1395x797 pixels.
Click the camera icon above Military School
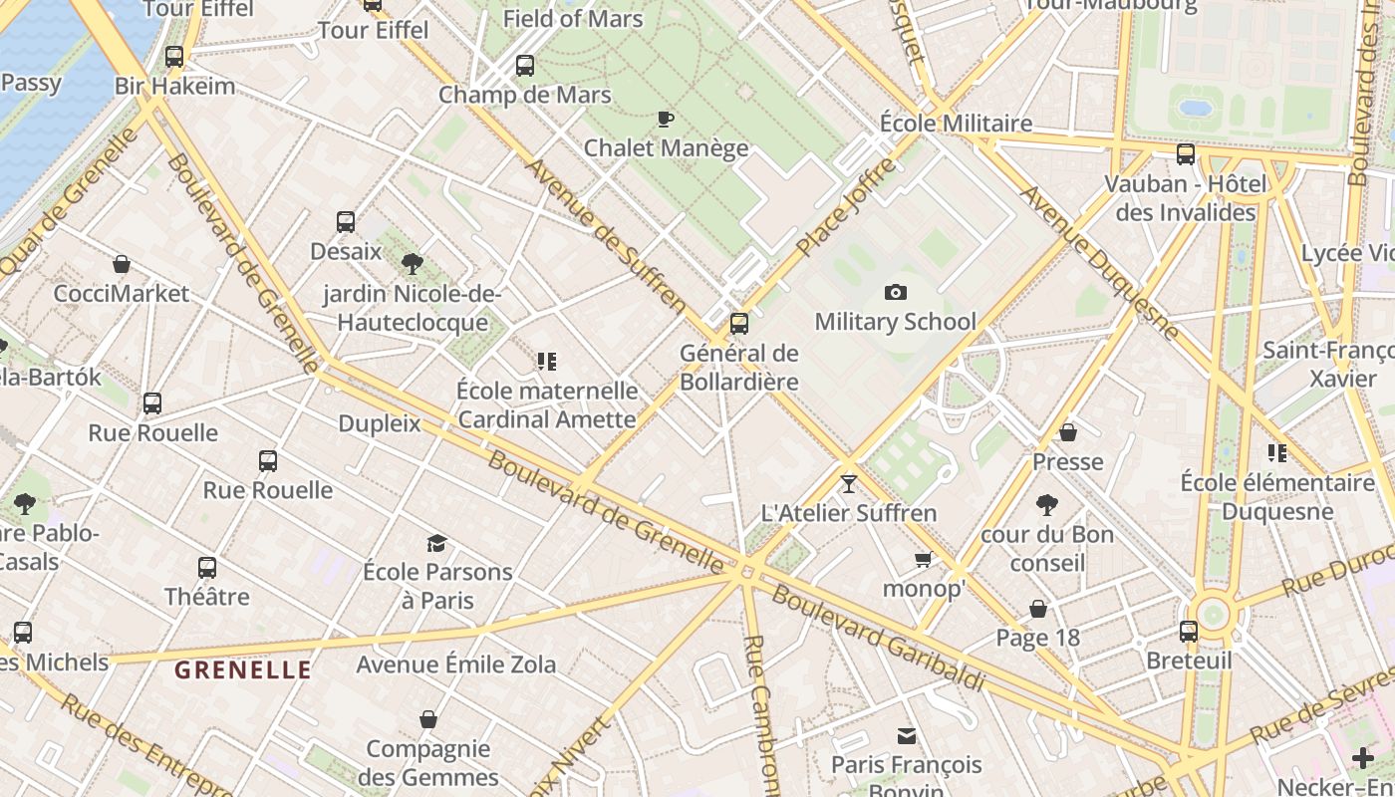point(896,292)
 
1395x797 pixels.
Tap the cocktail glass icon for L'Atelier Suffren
point(849,484)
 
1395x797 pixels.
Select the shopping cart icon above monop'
point(924,560)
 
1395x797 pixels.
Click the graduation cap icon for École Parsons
point(436,543)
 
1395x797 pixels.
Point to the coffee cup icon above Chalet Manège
point(666,120)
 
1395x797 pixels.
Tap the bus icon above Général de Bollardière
point(739,324)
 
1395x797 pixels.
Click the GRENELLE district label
point(243,669)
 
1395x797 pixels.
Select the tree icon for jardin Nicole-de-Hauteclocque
point(412,264)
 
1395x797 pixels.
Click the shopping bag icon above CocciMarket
point(122,264)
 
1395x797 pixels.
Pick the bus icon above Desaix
point(346,222)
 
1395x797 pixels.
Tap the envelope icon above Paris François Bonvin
point(907,736)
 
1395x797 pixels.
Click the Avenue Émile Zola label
point(456,664)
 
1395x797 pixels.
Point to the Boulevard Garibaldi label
point(878,639)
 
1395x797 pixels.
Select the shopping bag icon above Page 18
point(1038,609)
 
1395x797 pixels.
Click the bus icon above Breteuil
point(1189,632)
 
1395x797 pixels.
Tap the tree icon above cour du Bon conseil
point(1046,505)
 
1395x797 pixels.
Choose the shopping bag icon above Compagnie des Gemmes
point(428,719)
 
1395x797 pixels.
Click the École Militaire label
point(956,123)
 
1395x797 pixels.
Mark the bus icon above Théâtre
point(207,568)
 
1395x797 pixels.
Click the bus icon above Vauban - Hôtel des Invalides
point(1186,154)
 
